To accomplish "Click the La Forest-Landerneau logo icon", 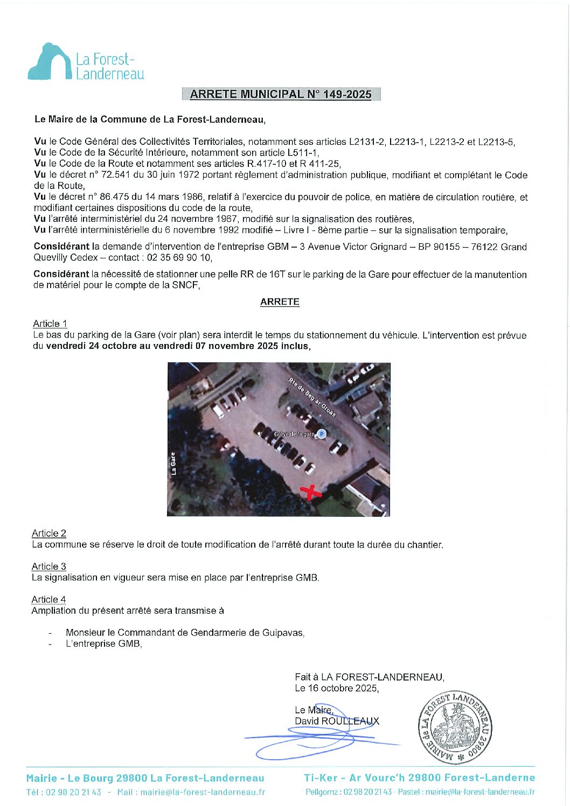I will pyautogui.click(x=50, y=62).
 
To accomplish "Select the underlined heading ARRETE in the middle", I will pyautogui.click(x=280, y=302).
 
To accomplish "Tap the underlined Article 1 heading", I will pyautogui.click(x=50, y=324).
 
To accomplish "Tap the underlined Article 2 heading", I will pyautogui.click(x=49, y=533).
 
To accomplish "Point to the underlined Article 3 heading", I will pyautogui.click(x=49, y=566).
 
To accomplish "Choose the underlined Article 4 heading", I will pyautogui.click(x=49, y=599).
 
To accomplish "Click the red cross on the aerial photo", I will pyautogui.click(x=310, y=492).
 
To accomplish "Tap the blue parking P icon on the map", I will pyautogui.click(x=322, y=433).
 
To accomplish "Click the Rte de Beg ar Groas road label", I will pyautogui.click(x=312, y=397).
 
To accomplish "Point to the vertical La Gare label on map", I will pyautogui.click(x=173, y=464).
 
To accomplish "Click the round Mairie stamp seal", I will pyautogui.click(x=455, y=727).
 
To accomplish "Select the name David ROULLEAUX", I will pyautogui.click(x=337, y=721).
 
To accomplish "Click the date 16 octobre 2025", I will pyautogui.click(x=343, y=688).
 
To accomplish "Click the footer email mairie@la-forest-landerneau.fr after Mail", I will pyautogui.click(x=203, y=792).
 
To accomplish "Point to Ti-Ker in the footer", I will pyautogui.click(x=321, y=778).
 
